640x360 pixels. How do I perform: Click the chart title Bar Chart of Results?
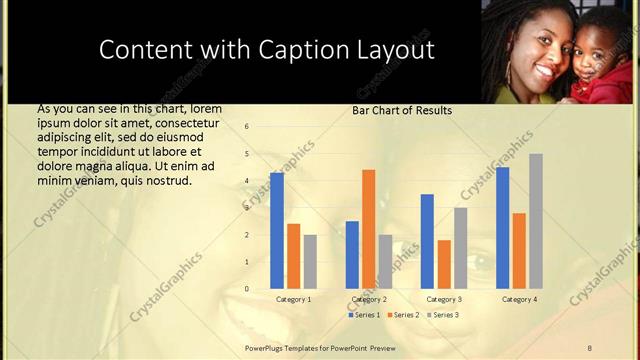point(401,110)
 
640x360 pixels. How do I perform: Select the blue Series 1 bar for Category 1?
point(277,231)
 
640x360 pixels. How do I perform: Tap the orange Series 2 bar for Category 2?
point(369,229)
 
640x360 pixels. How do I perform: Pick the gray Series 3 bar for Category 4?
point(536,221)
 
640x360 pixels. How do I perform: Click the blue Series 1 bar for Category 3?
point(428,241)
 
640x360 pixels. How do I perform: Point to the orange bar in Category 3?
point(444,264)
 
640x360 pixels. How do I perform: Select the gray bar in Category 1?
point(310,261)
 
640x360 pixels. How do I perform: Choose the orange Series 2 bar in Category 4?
point(519,251)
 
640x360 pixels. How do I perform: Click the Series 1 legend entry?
point(365,315)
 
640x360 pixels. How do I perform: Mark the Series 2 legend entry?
point(404,315)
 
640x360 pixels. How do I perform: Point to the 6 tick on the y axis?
point(247,127)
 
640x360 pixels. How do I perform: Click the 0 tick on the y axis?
point(247,289)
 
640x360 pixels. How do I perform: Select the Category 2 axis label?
point(369,299)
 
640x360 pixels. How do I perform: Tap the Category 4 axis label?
point(519,299)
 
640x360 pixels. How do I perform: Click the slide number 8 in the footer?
point(590,347)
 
